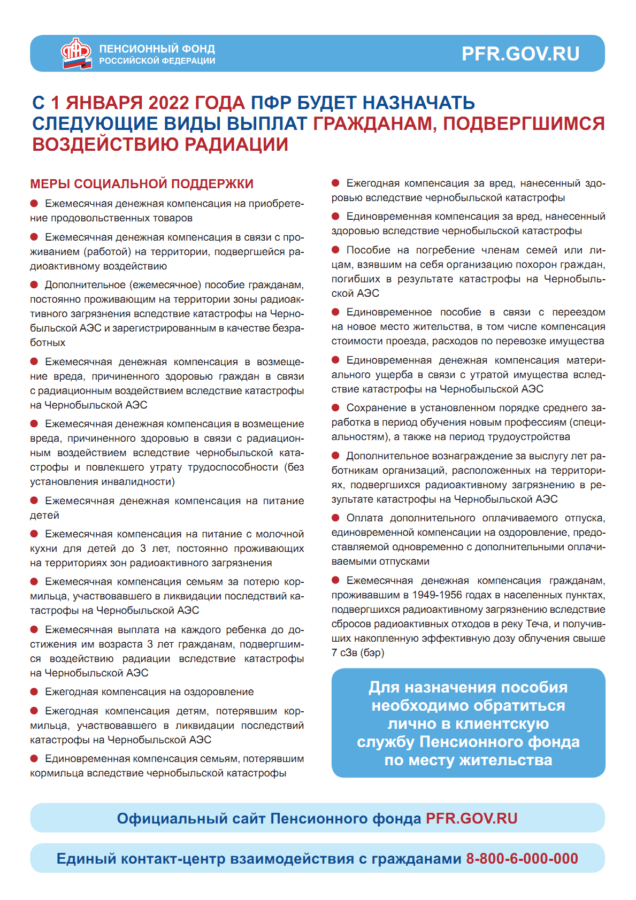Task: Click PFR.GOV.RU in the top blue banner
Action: (x=520, y=54)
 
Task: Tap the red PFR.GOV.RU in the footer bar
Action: (x=471, y=818)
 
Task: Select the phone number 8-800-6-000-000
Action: (x=522, y=858)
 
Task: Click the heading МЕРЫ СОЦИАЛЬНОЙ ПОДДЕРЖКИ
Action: (x=142, y=184)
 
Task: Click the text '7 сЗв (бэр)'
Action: (x=357, y=653)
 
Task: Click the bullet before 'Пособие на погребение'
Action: (x=336, y=250)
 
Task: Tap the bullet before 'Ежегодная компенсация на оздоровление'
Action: (x=34, y=691)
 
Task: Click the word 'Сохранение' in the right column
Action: (x=377, y=408)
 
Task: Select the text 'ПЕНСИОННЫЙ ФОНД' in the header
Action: (x=157, y=49)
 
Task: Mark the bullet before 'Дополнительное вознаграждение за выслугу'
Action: (x=336, y=456)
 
